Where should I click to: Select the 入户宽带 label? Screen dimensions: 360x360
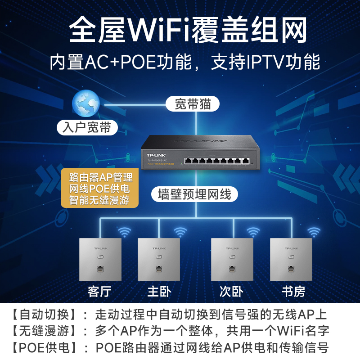coord(87,127)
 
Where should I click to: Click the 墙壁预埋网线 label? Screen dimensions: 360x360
coord(194,195)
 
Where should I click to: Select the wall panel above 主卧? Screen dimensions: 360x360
coord(158,259)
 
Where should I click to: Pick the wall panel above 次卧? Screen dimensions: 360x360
coord(232,259)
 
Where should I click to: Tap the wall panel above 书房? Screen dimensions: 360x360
coord(291,259)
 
